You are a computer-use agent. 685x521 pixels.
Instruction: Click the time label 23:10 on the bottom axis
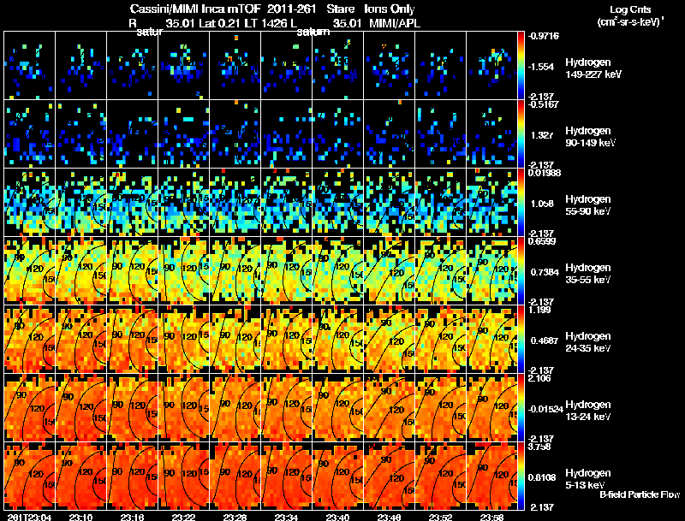pyautogui.click(x=81, y=517)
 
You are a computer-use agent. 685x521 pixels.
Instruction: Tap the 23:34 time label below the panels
pyautogui.click(x=287, y=517)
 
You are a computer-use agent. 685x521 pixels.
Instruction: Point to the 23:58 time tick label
pyautogui.click(x=491, y=517)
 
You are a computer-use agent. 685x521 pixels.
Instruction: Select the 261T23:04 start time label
pyautogui.click(x=27, y=517)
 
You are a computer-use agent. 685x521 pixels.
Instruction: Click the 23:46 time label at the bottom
pyautogui.click(x=390, y=517)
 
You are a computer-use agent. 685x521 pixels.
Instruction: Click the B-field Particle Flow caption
pyautogui.click(x=640, y=495)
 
